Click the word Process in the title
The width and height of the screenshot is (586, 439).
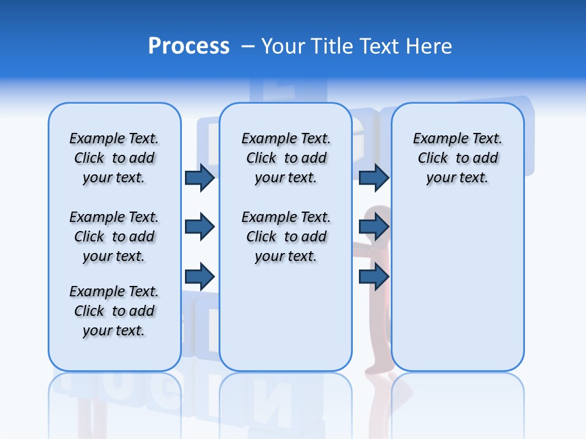(189, 46)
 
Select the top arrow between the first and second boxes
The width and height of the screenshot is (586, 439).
(200, 177)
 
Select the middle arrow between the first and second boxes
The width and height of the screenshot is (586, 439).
(200, 227)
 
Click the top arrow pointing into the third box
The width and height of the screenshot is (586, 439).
(374, 177)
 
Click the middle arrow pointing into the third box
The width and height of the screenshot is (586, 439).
(374, 227)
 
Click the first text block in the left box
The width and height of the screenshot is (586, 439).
(114, 158)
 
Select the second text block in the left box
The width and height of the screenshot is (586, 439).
(114, 237)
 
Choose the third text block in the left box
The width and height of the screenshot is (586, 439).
(114, 311)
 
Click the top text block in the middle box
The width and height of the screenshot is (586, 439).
(286, 158)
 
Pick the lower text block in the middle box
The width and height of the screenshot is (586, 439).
(286, 237)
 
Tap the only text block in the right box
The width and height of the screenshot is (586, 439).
(457, 158)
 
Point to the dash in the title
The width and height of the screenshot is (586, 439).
(248, 46)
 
